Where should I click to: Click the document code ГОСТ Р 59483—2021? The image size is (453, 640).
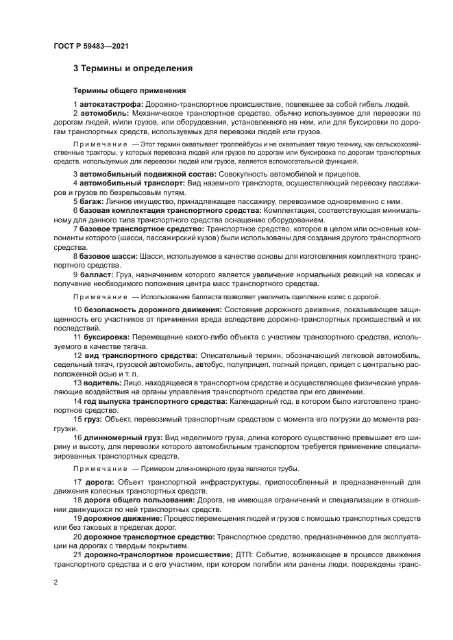90,46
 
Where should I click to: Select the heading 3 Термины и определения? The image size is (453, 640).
132,69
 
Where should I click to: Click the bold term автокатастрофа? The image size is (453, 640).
110,103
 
